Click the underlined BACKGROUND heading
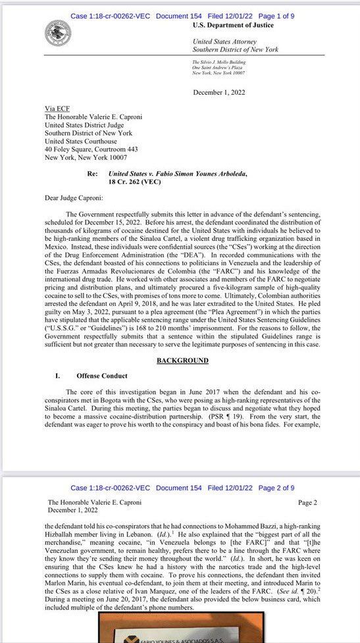[182, 361]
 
